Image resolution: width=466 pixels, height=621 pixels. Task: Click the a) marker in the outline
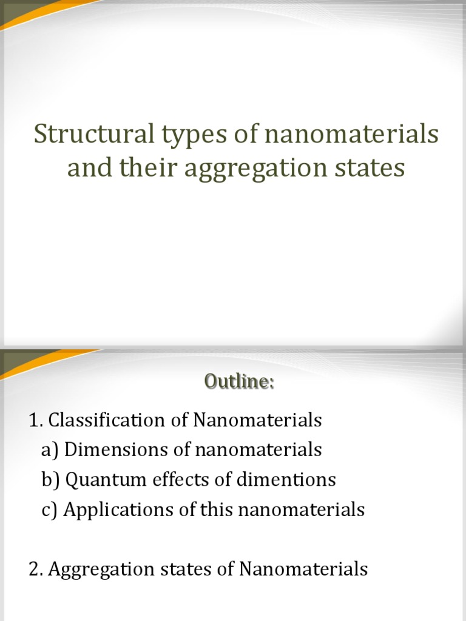[50, 450]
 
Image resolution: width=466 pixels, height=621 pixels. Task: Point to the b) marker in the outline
[51, 480]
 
